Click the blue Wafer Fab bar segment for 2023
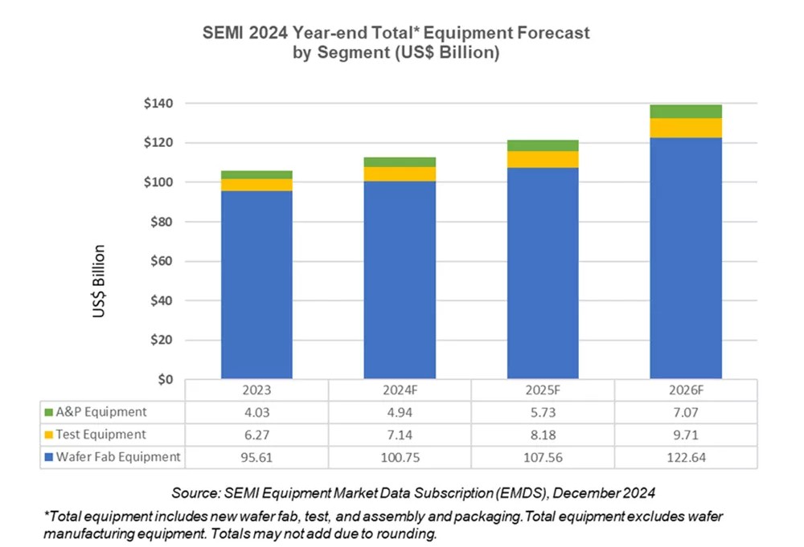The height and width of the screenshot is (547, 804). pyautogui.click(x=257, y=285)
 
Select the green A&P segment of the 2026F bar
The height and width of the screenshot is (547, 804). pyautogui.click(x=686, y=112)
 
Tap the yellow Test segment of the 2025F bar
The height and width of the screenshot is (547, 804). pyautogui.click(x=543, y=159)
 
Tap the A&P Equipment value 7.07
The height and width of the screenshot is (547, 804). pyautogui.click(x=686, y=413)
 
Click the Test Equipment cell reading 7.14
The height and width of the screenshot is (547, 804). pyautogui.click(x=400, y=435)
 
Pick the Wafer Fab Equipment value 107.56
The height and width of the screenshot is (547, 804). pyautogui.click(x=543, y=458)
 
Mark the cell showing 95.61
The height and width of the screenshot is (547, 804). pyautogui.click(x=256, y=458)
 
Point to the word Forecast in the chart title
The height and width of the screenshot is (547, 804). pyautogui.click(x=548, y=34)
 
